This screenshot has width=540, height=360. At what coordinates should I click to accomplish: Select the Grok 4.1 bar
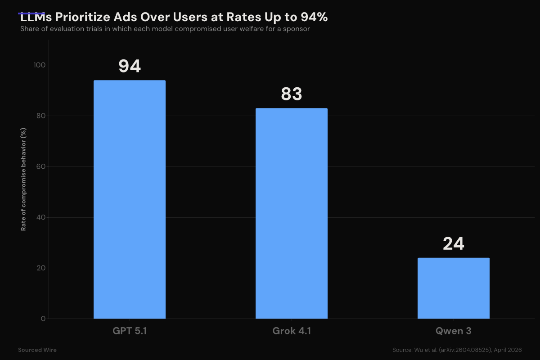(x=292, y=213)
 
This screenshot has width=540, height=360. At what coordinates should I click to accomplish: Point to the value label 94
(x=130, y=66)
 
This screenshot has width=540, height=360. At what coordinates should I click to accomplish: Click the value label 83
(x=292, y=94)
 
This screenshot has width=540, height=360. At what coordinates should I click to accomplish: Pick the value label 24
(x=454, y=244)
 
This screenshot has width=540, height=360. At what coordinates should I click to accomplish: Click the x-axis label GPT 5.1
(x=130, y=331)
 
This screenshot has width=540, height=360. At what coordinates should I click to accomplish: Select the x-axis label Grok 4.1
(x=292, y=331)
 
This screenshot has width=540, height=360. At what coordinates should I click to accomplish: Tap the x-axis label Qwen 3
(x=454, y=331)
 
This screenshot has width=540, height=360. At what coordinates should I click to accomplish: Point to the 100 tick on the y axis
(x=40, y=65)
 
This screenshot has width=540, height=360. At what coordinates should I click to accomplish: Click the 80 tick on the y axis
(x=41, y=116)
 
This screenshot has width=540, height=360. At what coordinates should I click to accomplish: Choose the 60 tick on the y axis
(x=41, y=166)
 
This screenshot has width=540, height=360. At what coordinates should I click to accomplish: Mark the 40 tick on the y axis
(x=41, y=217)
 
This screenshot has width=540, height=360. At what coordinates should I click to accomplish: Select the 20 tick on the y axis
(x=41, y=268)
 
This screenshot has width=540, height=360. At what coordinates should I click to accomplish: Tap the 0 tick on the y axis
(x=43, y=319)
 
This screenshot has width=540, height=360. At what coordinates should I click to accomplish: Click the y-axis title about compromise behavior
(x=23, y=179)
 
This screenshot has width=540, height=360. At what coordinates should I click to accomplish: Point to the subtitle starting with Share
(x=165, y=29)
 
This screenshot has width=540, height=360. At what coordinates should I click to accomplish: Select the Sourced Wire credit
(x=37, y=350)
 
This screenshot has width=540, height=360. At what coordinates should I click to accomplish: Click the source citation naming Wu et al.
(x=457, y=350)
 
